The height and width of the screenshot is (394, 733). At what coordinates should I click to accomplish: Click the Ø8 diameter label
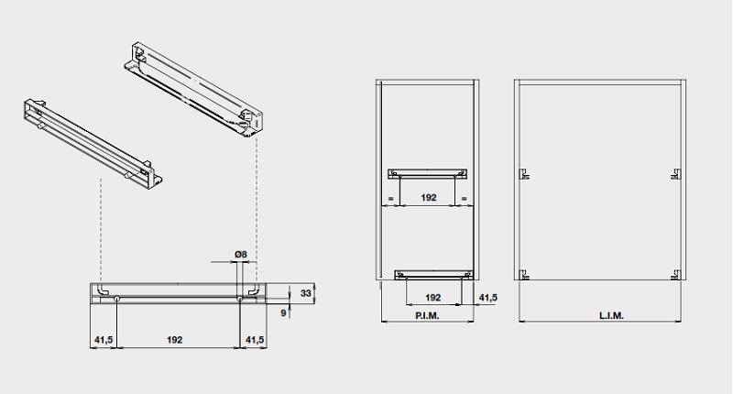click(240, 254)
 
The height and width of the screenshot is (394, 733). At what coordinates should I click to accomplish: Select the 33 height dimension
click(306, 293)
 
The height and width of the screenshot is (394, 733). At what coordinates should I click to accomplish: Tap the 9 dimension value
click(283, 313)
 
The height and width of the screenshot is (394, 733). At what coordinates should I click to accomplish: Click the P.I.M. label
click(427, 316)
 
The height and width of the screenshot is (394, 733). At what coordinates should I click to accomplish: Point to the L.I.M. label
click(611, 316)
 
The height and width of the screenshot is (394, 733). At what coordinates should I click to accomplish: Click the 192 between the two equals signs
click(428, 198)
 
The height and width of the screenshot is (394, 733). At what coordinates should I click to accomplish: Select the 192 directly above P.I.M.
click(433, 297)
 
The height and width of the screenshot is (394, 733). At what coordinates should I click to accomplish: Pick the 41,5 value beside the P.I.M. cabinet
click(488, 297)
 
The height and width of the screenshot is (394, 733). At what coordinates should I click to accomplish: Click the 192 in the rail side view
click(174, 340)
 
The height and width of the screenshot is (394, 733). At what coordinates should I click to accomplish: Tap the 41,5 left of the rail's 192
click(104, 340)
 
